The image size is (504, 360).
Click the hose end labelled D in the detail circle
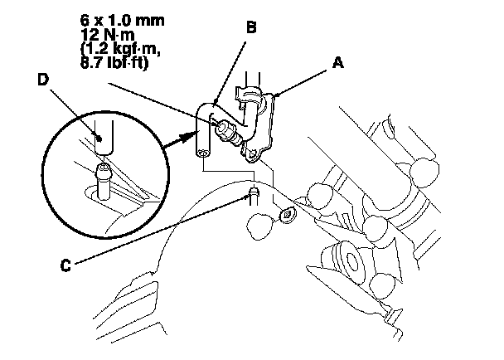pos(100,138)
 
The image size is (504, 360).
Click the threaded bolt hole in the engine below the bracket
pos(287,216)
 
